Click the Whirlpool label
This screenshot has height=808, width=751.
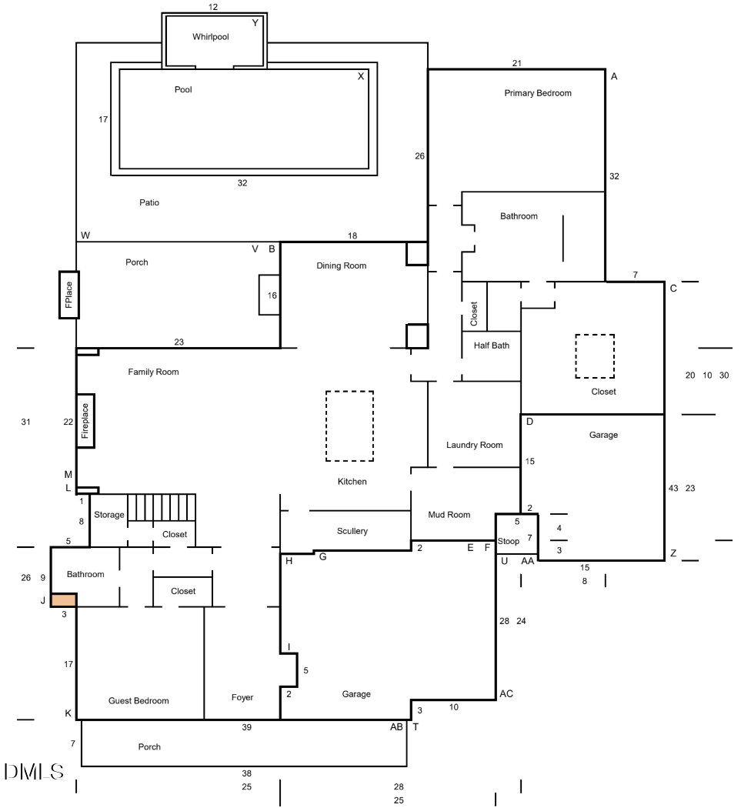[x=210, y=36]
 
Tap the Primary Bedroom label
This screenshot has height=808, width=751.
[x=538, y=93]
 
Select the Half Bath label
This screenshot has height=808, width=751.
[x=491, y=346]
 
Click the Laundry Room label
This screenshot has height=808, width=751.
[x=474, y=445]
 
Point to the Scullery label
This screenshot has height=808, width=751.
[x=352, y=531]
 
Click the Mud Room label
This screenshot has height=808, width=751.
[x=449, y=515]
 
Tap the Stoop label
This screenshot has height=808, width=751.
[x=509, y=541]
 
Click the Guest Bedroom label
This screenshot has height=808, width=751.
[x=139, y=701]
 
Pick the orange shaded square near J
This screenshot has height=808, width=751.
[x=64, y=600]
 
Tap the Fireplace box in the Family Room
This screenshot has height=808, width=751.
[x=85, y=421]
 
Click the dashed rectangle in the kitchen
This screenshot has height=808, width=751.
[x=349, y=426]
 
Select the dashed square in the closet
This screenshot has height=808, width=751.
[x=595, y=356]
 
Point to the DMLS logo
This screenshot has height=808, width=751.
[x=34, y=772]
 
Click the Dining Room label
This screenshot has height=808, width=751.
[x=342, y=265]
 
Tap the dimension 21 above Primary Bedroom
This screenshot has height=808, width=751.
[x=517, y=63]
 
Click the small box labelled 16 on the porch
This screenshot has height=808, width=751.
[x=269, y=295]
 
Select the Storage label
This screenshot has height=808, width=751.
[x=108, y=515]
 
